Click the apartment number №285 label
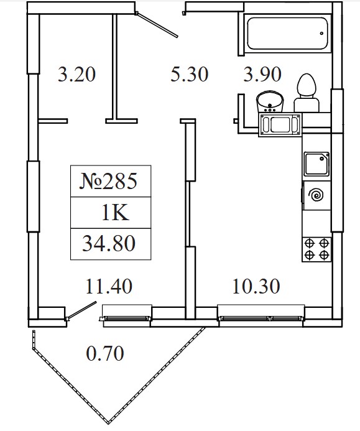(x=108, y=181)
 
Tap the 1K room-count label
(x=115, y=213)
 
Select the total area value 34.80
(x=109, y=244)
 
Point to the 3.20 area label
(x=76, y=74)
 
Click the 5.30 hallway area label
(x=190, y=74)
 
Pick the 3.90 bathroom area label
(x=262, y=74)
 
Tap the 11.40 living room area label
(x=109, y=286)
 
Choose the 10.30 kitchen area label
(x=256, y=286)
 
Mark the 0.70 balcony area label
(x=105, y=353)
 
